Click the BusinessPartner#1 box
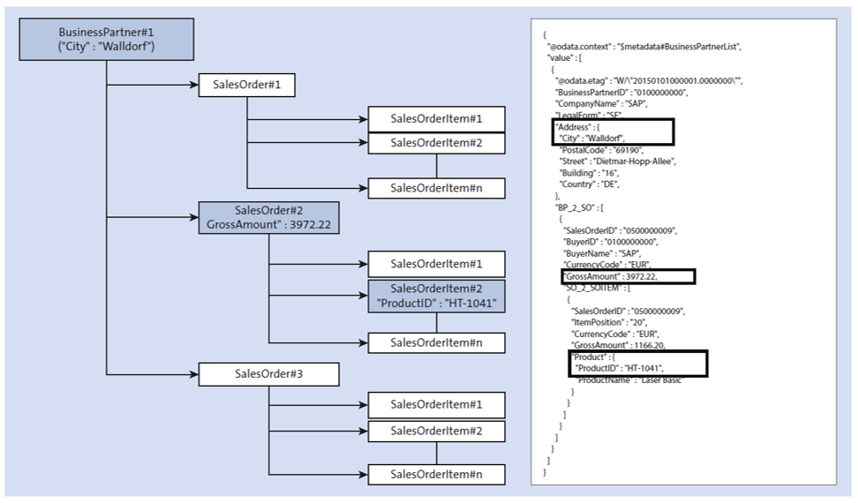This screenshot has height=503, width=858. coord(106,40)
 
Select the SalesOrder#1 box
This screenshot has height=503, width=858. coord(246,86)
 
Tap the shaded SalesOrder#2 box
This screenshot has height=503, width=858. coord(268,218)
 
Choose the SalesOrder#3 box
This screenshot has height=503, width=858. coord(268,373)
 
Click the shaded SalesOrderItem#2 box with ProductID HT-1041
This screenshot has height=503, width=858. coord(436,297)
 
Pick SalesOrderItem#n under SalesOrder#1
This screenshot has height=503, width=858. coord(436,188)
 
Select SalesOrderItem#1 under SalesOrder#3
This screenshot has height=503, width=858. coord(436,405)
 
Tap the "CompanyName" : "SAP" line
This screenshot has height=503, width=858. coord(600,103)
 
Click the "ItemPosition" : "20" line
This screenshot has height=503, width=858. coord(609,323)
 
